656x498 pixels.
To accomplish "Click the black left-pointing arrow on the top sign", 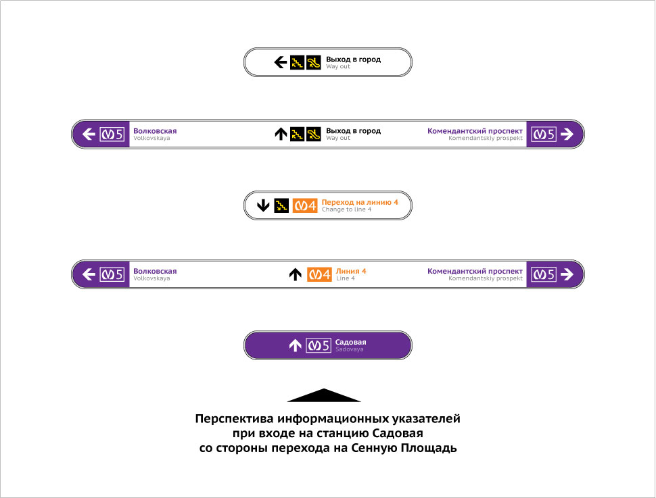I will (x=280, y=63).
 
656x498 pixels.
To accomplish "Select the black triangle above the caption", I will (x=324, y=395).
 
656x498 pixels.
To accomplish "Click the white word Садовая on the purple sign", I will (x=350, y=342).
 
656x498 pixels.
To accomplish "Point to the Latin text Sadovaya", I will (x=349, y=349).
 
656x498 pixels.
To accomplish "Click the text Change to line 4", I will (x=346, y=209).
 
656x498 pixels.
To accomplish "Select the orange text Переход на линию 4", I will (x=360, y=202).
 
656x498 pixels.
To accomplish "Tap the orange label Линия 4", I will (x=351, y=271).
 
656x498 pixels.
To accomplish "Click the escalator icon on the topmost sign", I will (x=313, y=63).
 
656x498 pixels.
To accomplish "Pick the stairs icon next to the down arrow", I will (x=281, y=205).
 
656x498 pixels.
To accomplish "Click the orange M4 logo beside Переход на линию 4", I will (x=305, y=205).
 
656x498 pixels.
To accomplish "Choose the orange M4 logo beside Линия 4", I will (x=319, y=274).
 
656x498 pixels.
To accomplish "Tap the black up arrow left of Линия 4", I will (x=295, y=274).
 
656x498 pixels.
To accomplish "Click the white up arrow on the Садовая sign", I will (x=295, y=345).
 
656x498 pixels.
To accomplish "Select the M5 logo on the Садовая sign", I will (x=319, y=345).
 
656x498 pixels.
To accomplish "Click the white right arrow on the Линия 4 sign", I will (x=567, y=274).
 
